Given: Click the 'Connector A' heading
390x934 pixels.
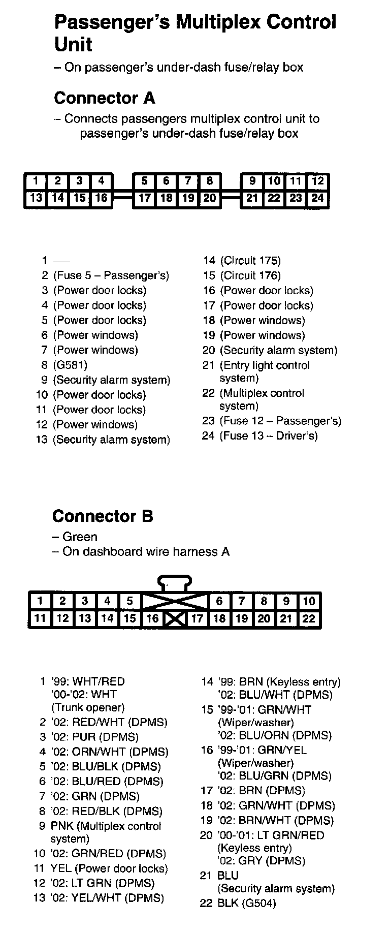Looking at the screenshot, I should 104,98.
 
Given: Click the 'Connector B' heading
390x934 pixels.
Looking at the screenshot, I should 103,516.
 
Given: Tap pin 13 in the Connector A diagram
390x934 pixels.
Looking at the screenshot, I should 36,198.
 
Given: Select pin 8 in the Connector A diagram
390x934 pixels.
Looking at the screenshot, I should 209,181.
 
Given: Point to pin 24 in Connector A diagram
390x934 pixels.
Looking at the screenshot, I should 318,198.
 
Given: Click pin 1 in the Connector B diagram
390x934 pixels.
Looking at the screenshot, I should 40,601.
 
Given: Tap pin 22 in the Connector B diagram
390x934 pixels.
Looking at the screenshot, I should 309,618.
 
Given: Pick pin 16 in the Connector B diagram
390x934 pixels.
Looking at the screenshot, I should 152,618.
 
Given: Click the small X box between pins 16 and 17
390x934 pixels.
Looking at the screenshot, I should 175,619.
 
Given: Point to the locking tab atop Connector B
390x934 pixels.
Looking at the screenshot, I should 175,582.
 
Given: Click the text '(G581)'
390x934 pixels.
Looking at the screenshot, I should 71,365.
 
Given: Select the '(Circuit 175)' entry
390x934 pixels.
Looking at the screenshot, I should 250,261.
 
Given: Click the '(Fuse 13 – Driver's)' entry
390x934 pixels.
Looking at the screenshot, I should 268,436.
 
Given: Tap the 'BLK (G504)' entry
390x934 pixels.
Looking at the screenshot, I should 246,903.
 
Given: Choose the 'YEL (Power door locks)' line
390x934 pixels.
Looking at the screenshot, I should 109,868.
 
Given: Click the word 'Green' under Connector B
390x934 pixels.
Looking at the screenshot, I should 80,537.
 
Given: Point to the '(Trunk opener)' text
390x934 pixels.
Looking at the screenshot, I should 88,707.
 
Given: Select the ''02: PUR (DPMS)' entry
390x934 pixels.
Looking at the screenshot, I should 94,737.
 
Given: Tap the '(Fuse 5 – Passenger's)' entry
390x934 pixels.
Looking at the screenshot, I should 111,275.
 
